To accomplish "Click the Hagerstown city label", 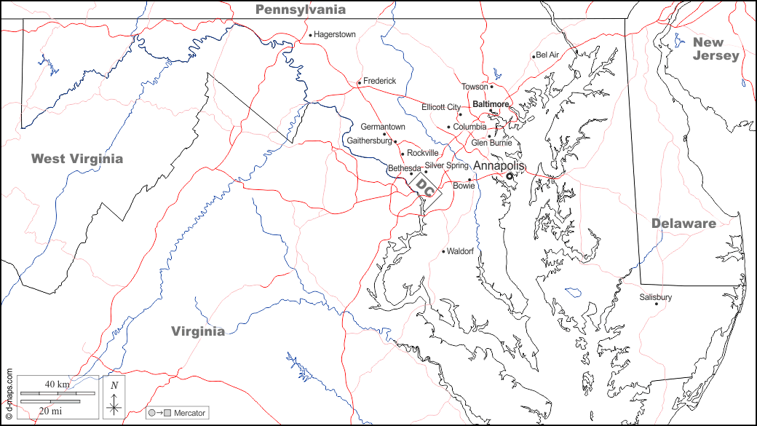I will (x=335, y=34).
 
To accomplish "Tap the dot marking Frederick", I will (x=360, y=82).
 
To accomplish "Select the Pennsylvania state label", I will (x=300, y=9).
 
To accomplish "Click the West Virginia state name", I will (x=76, y=159).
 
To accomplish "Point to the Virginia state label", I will (x=198, y=331).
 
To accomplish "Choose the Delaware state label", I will (x=683, y=224).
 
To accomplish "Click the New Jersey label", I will (x=716, y=49).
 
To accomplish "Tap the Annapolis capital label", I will (x=499, y=167).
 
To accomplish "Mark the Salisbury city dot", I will (x=657, y=304).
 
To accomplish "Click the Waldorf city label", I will (x=460, y=251).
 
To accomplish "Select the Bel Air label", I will (x=547, y=55).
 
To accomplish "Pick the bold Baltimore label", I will (x=491, y=104).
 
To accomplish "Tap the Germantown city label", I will (x=383, y=127).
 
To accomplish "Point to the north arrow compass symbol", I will (x=114, y=398).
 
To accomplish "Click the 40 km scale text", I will (x=57, y=384).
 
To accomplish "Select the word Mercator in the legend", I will (x=189, y=413).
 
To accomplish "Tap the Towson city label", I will (x=475, y=87).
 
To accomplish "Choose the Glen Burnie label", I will (x=491, y=143).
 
